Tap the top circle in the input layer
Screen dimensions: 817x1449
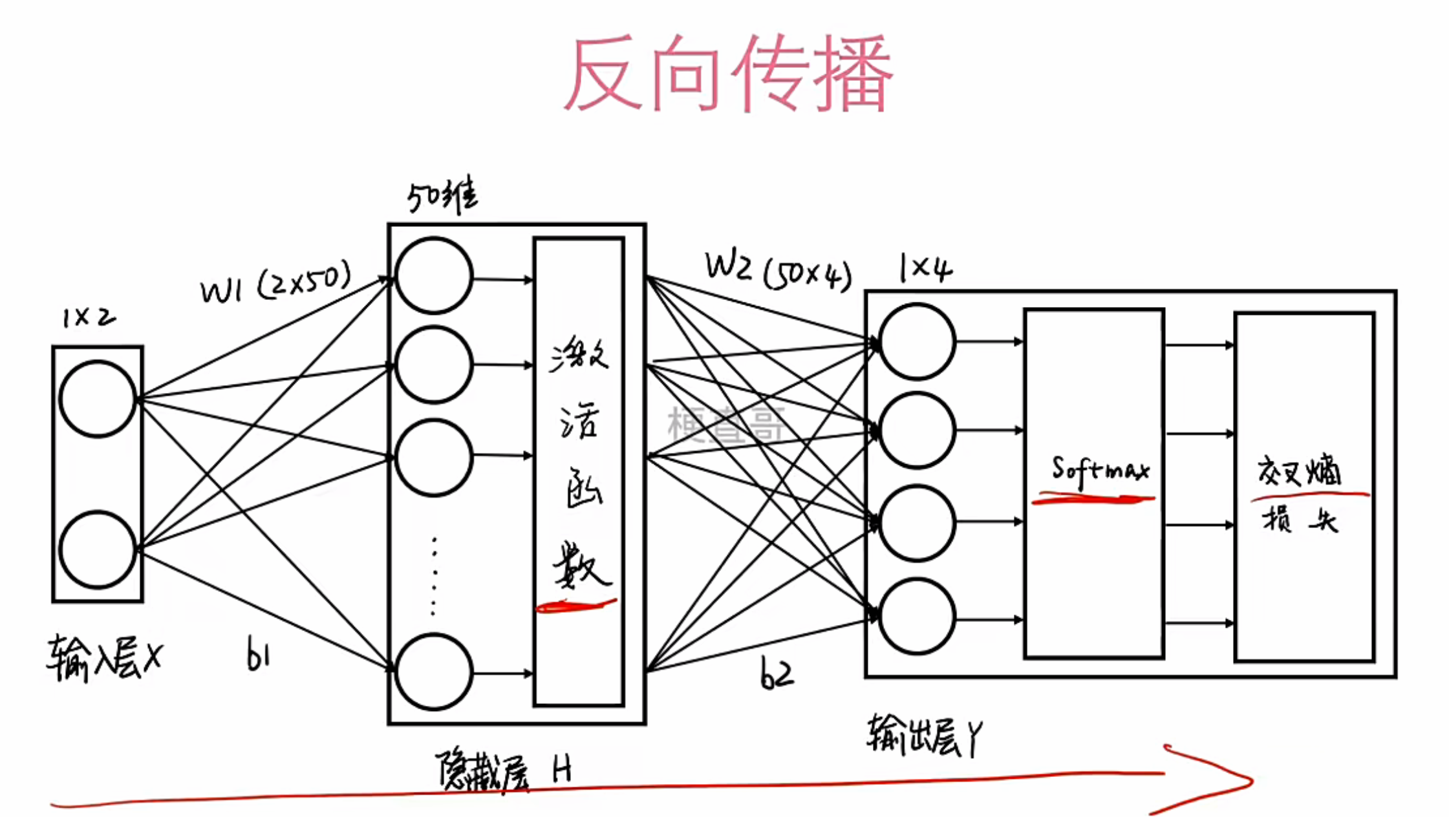98,399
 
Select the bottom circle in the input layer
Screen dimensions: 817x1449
98,549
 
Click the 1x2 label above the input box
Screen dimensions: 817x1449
89,317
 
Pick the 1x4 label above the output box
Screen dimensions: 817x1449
925,268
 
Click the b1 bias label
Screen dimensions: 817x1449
258,655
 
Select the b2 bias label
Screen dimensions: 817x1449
776,675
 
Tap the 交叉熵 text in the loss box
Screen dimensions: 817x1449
1299,471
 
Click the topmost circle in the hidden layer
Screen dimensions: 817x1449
434,276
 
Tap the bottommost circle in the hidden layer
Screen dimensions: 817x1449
434,672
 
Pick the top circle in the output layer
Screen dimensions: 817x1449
917,341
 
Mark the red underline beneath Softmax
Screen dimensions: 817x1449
1093,498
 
